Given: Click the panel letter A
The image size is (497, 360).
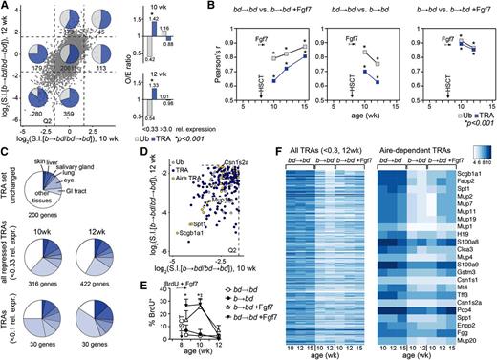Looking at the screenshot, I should pos(6,7).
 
